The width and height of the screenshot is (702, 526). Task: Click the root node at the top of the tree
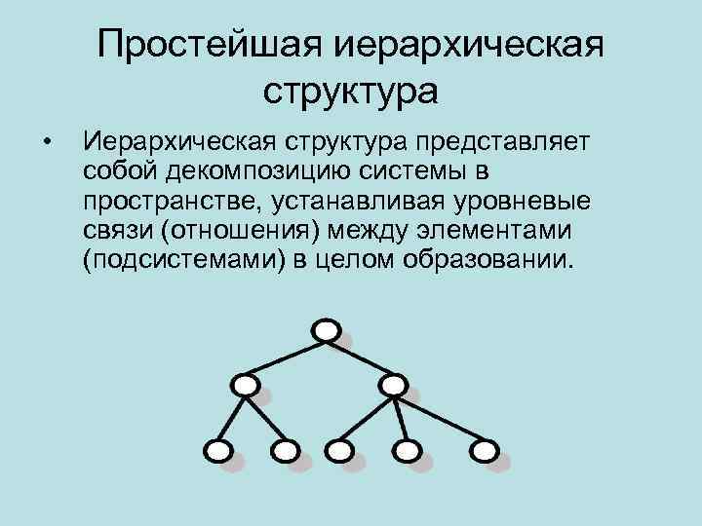pyautogui.click(x=327, y=330)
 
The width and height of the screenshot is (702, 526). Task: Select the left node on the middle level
pyautogui.click(x=248, y=386)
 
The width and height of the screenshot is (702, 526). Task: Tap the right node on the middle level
pyautogui.click(x=392, y=386)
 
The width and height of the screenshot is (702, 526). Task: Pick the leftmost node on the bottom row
pyautogui.click(x=218, y=450)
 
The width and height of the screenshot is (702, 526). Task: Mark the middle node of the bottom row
pyautogui.click(x=339, y=450)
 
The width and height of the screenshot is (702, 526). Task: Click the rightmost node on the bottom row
pyautogui.click(x=484, y=450)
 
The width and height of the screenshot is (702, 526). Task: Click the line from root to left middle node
pyautogui.click(x=289, y=357)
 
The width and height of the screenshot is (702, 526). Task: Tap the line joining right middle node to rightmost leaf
pyautogui.click(x=438, y=418)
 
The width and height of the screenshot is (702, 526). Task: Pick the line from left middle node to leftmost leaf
pyautogui.click(x=233, y=418)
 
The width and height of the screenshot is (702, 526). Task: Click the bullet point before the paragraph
pyautogui.click(x=47, y=146)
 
